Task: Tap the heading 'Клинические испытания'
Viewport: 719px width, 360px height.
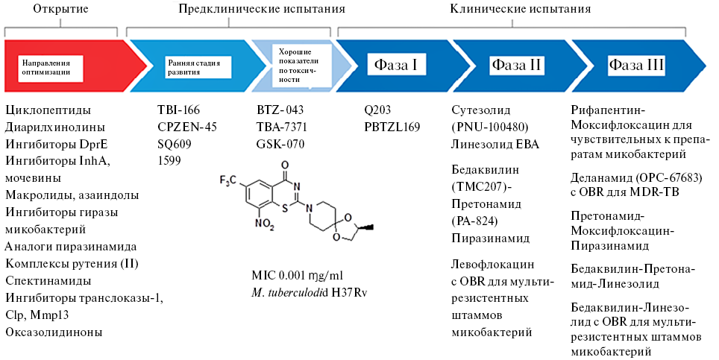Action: tap(521, 10)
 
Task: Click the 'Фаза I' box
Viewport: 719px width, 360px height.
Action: tap(395, 64)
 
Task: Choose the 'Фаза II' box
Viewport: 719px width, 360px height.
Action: tap(515, 65)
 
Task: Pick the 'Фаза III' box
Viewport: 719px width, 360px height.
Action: tap(636, 65)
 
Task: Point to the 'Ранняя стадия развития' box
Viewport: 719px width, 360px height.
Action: tap(194, 68)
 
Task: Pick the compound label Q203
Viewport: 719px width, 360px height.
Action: tap(377, 110)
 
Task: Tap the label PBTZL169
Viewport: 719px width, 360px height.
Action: tap(392, 127)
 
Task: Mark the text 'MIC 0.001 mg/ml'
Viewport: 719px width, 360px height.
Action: tap(298, 275)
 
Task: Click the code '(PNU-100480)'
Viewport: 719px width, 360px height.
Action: tap(492, 127)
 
